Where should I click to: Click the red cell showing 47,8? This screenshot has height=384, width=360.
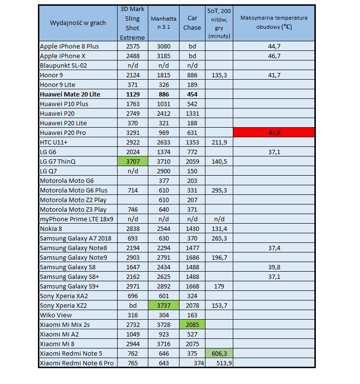pos(274,133)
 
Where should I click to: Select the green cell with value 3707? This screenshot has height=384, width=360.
pos(132,162)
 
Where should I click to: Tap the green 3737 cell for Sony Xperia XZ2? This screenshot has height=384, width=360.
pos(163,306)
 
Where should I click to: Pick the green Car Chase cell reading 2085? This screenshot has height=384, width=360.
pos(192,325)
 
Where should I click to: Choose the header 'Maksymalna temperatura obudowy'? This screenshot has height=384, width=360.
pos(274,23)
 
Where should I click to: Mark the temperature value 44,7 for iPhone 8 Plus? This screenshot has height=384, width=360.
pos(274,46)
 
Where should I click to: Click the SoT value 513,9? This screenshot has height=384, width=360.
pos(220,363)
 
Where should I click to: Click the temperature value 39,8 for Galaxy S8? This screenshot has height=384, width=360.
pos(274,267)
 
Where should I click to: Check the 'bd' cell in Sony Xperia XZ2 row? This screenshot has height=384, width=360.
pos(132,306)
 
